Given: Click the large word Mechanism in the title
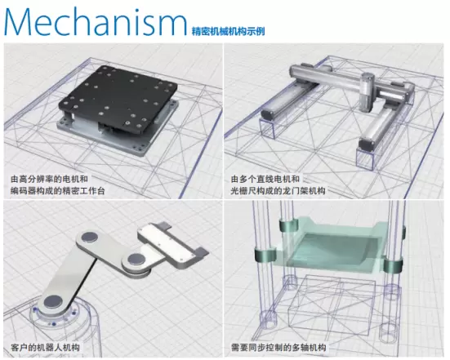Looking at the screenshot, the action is pos(96,21).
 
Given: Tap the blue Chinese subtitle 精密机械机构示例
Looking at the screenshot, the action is pos(228,31).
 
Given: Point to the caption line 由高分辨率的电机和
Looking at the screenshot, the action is pos(49,180).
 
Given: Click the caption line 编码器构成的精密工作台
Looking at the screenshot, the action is pos(58,191).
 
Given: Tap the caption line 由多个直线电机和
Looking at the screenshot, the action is pos(265,180).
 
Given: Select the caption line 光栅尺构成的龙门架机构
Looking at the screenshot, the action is pos(278,191).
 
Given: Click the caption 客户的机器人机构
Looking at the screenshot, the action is pos(45,348).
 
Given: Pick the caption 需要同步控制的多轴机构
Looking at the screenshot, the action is pos(278,348).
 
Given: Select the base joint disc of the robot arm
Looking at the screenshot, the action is pos(53,302).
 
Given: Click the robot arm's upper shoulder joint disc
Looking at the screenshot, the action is pos(89,238).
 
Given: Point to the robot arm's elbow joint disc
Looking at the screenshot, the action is pos(135,259).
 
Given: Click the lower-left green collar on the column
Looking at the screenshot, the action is pos(265,256).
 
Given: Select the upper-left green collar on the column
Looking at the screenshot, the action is pos(289,225).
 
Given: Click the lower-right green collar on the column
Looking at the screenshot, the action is pos(392,266).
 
